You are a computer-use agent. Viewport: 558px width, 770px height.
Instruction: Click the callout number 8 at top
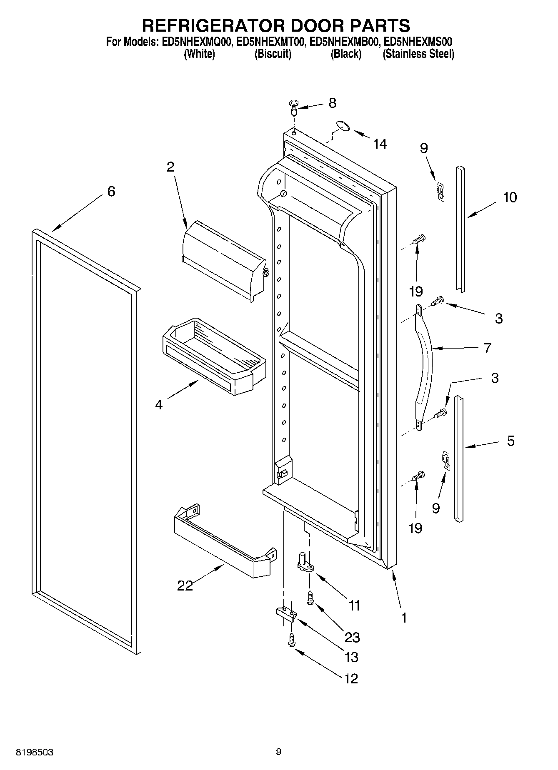[332, 103]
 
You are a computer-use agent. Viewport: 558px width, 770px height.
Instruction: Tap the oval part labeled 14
[343, 125]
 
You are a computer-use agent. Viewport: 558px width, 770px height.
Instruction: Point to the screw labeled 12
[291, 640]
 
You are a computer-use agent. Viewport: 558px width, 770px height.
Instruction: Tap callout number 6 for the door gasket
[111, 192]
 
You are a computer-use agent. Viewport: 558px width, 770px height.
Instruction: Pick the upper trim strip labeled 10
[460, 229]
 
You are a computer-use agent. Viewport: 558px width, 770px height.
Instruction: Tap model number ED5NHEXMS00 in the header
[418, 42]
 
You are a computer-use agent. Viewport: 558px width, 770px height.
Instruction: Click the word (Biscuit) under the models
[273, 54]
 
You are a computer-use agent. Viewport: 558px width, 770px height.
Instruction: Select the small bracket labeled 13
[286, 614]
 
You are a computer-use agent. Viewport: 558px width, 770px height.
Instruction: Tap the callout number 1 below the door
[403, 618]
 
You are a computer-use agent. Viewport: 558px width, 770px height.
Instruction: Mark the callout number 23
[352, 637]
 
